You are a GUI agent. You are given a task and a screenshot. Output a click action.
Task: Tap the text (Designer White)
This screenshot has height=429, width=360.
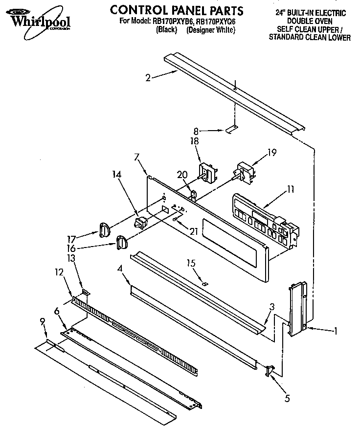[211, 30]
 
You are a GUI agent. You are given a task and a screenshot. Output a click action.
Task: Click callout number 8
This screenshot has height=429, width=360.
[197, 131]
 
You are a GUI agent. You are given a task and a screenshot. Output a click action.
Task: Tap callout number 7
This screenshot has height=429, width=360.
[136, 157]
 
